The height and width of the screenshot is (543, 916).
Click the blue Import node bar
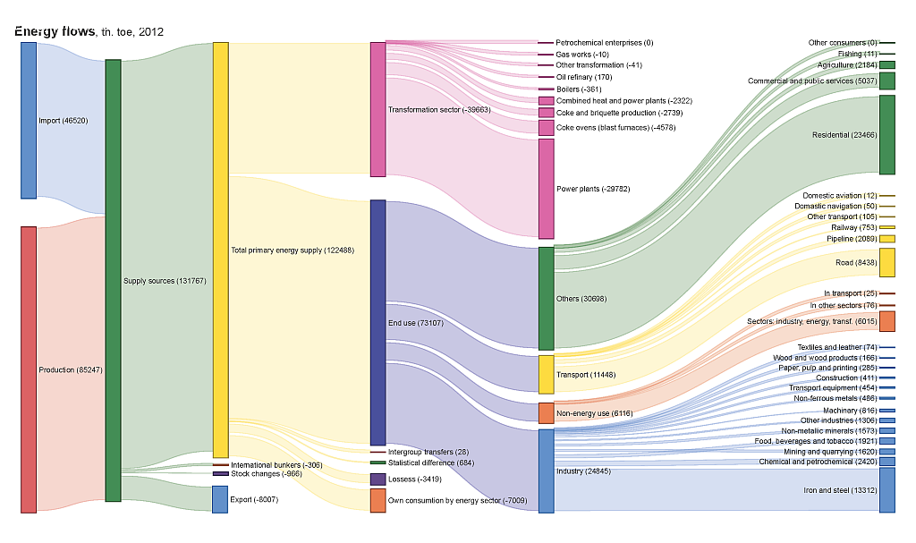(29, 120)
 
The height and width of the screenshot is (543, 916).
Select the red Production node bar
(29, 369)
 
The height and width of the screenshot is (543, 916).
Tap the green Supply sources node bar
(113, 280)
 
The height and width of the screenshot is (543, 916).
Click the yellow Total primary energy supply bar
(220, 250)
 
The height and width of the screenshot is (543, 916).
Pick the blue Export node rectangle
(220, 498)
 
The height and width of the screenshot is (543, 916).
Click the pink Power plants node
(546, 189)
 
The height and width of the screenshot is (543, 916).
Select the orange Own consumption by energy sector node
(377, 500)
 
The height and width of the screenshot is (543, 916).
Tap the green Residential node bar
(886, 135)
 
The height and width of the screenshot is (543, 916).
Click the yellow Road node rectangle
(886, 263)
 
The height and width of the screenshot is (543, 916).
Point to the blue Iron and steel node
(886, 489)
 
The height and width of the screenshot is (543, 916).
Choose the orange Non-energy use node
(546, 412)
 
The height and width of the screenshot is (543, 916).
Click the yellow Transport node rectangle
(546, 375)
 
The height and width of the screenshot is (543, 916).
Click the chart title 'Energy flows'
(55, 31)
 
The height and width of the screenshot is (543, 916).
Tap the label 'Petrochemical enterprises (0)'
(605, 43)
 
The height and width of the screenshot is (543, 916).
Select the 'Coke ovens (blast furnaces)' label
(615, 128)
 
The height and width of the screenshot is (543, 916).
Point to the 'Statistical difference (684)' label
(431, 462)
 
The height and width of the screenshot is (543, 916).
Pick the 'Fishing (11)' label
(856, 54)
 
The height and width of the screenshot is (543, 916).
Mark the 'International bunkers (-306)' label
(276, 465)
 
